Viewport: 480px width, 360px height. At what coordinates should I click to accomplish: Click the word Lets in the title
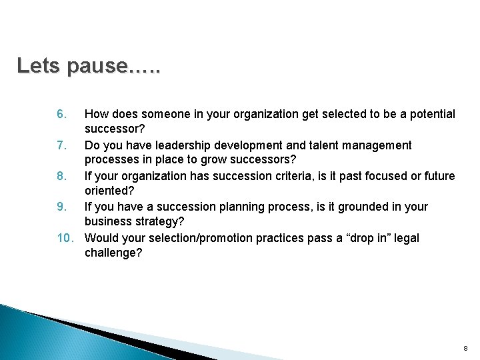point(39,66)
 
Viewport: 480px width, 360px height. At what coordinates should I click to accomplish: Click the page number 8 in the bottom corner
point(466,349)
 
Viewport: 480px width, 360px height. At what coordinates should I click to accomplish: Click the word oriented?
point(109,192)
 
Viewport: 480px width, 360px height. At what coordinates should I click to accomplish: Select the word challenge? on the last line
point(113,253)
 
